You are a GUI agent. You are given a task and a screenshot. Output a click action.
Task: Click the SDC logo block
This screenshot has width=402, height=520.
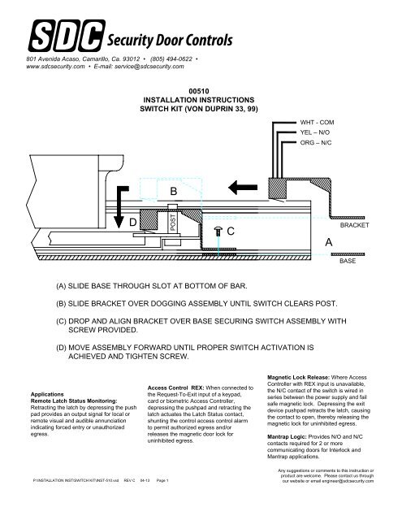[x=67, y=36]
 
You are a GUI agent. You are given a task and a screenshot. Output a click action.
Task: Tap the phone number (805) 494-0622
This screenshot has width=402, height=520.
[x=171, y=59]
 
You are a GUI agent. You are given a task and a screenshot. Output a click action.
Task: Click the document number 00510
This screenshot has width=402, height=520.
[x=199, y=91]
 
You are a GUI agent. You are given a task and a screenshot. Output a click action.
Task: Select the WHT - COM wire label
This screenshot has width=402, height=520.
[x=317, y=123]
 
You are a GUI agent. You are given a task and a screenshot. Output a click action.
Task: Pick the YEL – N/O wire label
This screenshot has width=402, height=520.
[x=315, y=132]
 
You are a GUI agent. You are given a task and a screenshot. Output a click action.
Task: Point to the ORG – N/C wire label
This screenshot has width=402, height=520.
[x=315, y=143]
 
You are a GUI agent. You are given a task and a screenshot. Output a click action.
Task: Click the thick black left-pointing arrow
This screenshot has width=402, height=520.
[x=243, y=188]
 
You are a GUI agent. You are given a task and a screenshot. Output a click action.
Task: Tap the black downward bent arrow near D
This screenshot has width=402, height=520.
[x=119, y=206]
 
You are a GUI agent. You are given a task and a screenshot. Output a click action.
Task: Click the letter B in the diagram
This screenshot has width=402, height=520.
[x=173, y=192]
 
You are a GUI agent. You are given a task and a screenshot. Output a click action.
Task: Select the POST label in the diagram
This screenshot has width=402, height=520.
[x=173, y=222]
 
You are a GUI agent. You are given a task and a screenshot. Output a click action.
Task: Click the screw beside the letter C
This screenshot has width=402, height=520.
[x=218, y=231]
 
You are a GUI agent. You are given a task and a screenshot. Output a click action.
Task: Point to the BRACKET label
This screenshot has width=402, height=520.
[x=354, y=225]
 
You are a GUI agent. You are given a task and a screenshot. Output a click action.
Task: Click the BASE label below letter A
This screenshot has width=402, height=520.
[x=348, y=261]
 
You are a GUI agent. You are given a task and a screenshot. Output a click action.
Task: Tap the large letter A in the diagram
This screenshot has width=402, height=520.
[x=328, y=242]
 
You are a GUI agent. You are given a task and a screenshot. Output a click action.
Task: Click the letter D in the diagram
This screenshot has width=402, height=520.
[x=133, y=222]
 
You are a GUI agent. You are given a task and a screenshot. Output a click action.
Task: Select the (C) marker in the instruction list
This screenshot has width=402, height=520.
[x=61, y=321]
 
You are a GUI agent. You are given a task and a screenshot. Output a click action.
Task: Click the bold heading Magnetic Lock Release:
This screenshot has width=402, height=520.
[x=298, y=377]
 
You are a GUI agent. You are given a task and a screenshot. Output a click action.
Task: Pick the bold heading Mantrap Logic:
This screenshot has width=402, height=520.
[x=287, y=437]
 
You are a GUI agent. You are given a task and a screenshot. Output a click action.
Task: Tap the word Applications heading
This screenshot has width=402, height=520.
[x=47, y=394]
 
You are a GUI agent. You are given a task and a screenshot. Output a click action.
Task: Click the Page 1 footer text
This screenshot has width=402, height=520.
[x=162, y=480]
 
